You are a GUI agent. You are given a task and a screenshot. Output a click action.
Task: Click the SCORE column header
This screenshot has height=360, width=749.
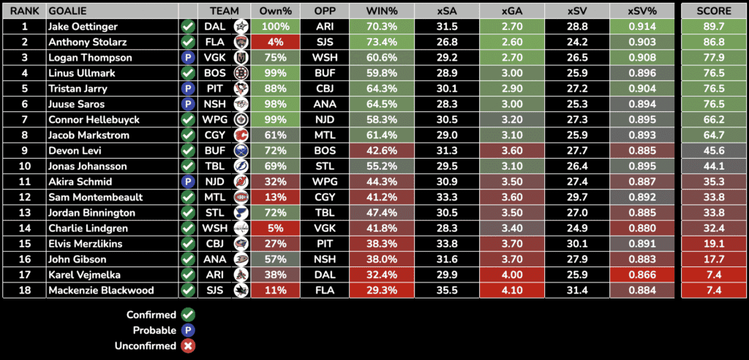(714, 12)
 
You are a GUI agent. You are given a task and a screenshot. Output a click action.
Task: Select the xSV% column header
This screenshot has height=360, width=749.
(641, 12)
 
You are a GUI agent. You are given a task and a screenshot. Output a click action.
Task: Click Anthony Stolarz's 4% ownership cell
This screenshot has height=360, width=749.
(272, 42)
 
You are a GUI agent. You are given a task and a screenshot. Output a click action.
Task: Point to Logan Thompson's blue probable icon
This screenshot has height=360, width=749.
(188, 58)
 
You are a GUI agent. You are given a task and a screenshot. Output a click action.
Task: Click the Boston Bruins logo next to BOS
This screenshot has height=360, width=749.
(240, 73)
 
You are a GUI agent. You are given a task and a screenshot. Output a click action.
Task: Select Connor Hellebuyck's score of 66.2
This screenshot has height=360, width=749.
(714, 119)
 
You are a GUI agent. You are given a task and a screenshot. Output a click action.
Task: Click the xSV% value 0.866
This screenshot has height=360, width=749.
(641, 275)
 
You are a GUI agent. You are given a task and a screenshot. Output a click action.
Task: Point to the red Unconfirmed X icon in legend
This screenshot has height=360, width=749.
(188, 346)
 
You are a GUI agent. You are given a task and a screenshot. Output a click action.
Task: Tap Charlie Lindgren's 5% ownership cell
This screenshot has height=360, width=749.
(272, 228)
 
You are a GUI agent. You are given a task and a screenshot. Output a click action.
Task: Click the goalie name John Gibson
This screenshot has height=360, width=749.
(77, 259)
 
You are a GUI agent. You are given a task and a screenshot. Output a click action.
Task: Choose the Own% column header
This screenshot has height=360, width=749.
(272, 12)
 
